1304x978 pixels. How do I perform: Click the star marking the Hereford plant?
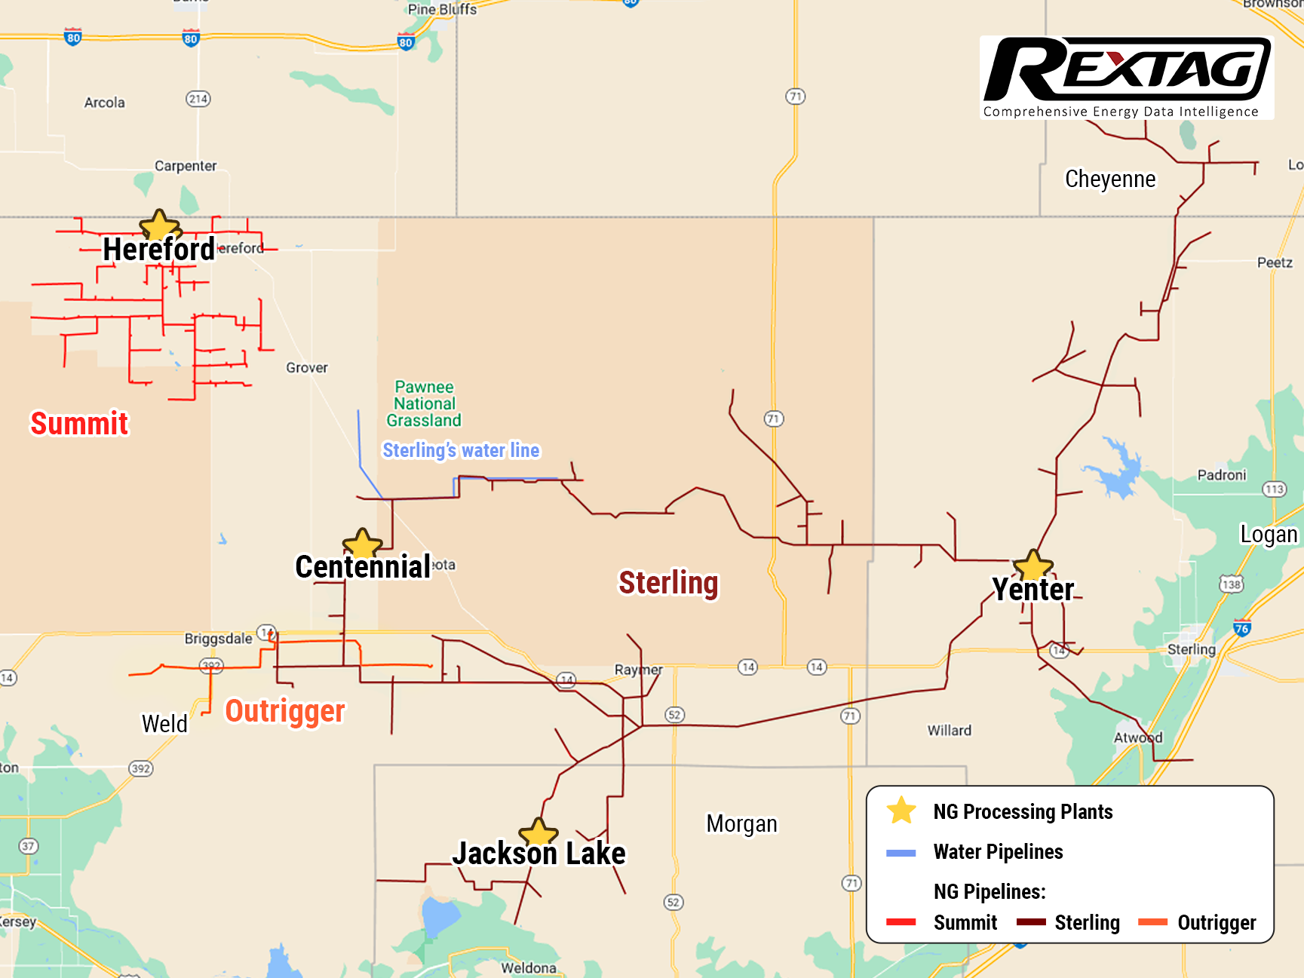tap(159, 225)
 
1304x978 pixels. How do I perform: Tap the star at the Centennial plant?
tap(363, 544)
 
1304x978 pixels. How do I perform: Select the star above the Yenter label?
tap(1032, 566)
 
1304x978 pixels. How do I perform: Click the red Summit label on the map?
tap(79, 423)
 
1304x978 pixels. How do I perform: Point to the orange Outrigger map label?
tap(285, 711)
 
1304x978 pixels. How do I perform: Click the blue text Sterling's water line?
tap(461, 450)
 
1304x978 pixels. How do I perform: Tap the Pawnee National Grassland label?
tap(424, 403)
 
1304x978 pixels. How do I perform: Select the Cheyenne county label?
tap(1109, 179)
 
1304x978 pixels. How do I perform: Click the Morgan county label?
tap(741, 823)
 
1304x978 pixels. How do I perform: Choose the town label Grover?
tap(307, 368)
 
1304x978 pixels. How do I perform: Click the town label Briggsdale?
tap(219, 639)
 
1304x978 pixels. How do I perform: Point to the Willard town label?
tap(949, 730)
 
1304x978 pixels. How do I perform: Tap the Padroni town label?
tap(1221, 475)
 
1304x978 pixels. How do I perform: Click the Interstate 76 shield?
tap(1241, 627)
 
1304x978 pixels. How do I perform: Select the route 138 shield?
tap(1231, 584)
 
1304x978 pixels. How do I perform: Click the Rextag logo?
tap(1127, 77)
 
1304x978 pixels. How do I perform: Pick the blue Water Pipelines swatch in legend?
tap(901, 853)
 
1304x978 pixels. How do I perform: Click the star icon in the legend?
tap(901, 811)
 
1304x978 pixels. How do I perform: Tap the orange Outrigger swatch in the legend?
tap(1152, 922)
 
